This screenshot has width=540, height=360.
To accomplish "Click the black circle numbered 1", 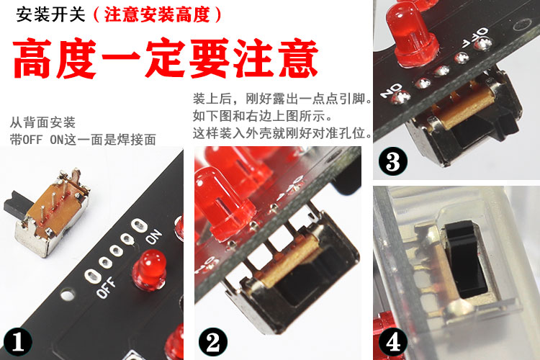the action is pyautogui.click(x=18, y=342).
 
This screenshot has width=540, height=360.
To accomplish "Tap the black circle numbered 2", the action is pyautogui.click(x=213, y=342).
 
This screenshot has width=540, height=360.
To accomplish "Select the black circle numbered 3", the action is pyautogui.click(x=393, y=161).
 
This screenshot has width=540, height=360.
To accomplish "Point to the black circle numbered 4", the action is pyautogui.click(x=393, y=342).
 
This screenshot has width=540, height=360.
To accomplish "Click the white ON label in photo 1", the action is pyautogui.click(x=153, y=237).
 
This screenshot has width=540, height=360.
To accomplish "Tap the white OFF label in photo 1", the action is pyautogui.click(x=106, y=287).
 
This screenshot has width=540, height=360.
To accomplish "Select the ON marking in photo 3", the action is pyautogui.click(x=391, y=89).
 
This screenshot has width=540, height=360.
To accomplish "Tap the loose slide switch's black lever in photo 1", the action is pyautogui.click(x=16, y=205).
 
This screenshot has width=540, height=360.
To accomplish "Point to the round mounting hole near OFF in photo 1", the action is pyautogui.click(x=67, y=295).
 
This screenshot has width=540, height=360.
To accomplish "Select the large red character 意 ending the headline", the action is pyautogui.click(x=298, y=58).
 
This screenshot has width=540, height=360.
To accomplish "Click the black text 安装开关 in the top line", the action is pyautogui.click(x=50, y=15).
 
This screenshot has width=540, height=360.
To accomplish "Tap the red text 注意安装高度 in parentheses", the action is pyautogui.click(x=158, y=15).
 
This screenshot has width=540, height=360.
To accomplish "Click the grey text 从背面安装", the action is pyautogui.click(x=42, y=122).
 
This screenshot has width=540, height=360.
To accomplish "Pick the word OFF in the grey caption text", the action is pyautogui.click(x=32, y=140).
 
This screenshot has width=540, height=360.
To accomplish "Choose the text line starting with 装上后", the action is pyautogui.click(x=282, y=99).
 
